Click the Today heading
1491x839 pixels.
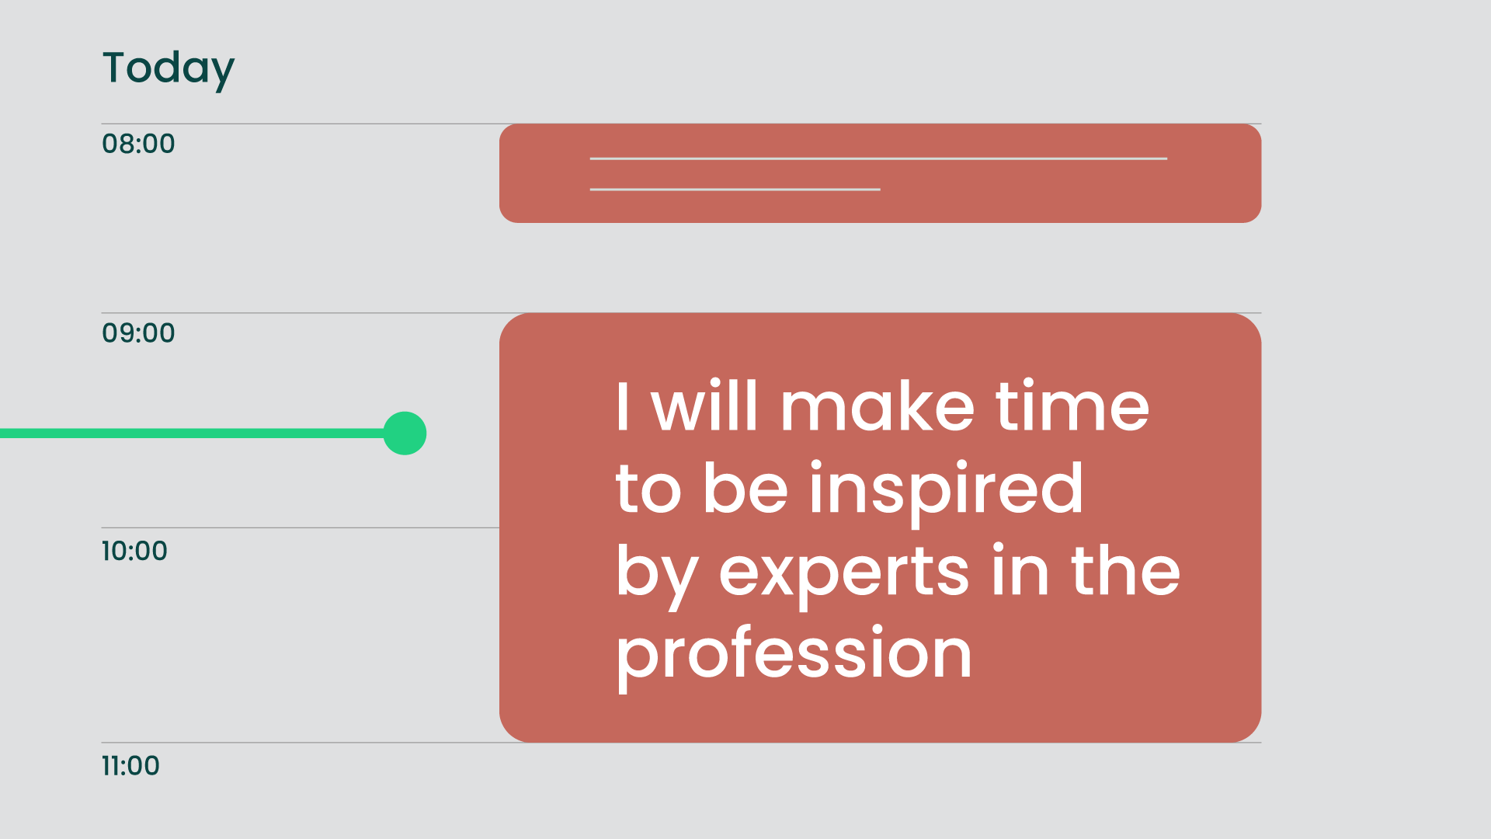(x=169, y=69)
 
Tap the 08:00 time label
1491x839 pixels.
(x=138, y=144)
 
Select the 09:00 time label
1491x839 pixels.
(x=138, y=333)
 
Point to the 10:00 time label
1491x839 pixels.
(x=134, y=552)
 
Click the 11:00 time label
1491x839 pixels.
(x=130, y=766)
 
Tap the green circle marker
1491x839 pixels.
(x=405, y=433)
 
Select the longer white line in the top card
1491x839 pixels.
(x=878, y=158)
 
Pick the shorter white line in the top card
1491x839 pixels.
(x=735, y=190)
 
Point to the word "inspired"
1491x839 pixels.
(x=946, y=489)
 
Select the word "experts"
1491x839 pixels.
(x=844, y=573)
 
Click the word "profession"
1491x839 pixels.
(x=794, y=655)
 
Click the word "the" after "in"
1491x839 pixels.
(x=1125, y=570)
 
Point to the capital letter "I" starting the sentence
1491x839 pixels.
(x=622, y=406)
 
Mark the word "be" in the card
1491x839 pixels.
(x=745, y=487)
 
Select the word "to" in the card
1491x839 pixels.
(x=648, y=489)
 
